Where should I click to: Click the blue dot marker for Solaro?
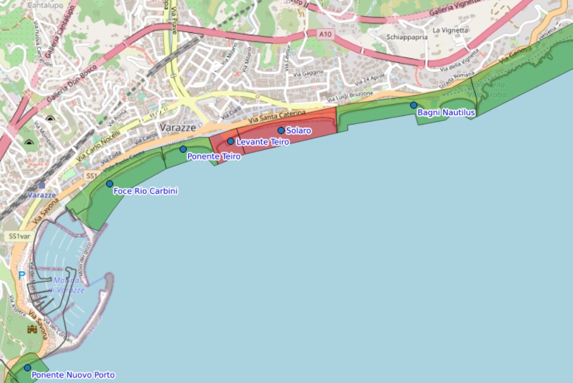[281, 130]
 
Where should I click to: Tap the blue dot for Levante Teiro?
[231, 141]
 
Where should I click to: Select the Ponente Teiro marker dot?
[183, 149]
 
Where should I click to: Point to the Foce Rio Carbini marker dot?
[110, 184]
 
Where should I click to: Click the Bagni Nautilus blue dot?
[414, 105]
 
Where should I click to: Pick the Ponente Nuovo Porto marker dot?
[27, 368]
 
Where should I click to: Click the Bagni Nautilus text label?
[446, 113]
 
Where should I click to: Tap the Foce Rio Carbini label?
[145, 191]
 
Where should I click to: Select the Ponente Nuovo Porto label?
[73, 376]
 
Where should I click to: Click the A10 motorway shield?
[326, 35]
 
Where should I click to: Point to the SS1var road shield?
[18, 236]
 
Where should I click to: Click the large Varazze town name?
[178, 127]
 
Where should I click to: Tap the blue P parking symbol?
[21, 276]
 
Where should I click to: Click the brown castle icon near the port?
[32, 330]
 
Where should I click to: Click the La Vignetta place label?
[448, 30]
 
